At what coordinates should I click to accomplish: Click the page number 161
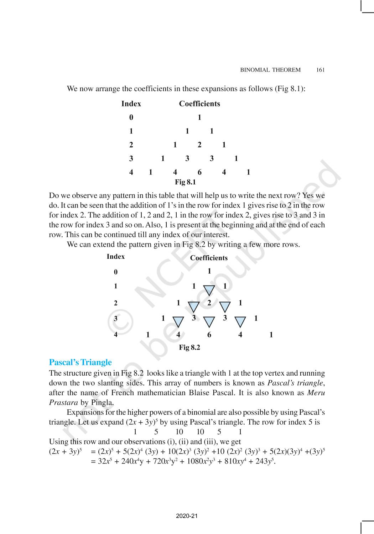320,70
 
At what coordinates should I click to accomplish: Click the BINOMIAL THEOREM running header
270,70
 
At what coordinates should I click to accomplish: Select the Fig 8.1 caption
185,182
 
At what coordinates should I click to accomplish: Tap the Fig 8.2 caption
189,347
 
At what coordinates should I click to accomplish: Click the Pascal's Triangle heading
80,362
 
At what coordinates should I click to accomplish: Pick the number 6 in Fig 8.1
199,172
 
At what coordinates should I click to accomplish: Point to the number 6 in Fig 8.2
209,335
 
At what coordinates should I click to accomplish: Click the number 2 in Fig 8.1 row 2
199,145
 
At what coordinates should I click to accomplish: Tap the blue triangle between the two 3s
209,321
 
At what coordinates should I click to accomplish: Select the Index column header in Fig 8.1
131,104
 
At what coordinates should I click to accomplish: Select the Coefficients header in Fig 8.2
209,258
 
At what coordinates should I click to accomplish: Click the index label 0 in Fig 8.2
115,272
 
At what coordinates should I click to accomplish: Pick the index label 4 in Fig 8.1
131,172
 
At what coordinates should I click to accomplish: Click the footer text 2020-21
187,516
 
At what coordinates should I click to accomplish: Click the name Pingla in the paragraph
102,403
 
